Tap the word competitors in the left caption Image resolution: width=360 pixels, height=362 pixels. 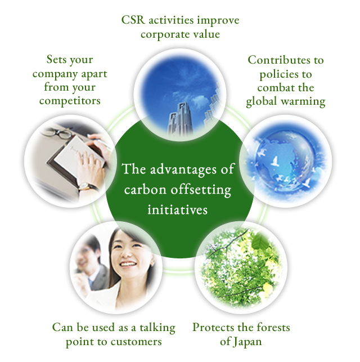pos(70,101)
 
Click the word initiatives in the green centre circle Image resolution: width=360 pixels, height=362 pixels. pos(178,210)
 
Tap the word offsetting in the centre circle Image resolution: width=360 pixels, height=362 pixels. pos(201,190)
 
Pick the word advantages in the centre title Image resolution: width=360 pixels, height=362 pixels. pos(183,169)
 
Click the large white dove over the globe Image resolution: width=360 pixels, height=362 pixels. pos(275,161)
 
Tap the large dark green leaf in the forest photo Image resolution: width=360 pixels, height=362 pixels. pos(260,242)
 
